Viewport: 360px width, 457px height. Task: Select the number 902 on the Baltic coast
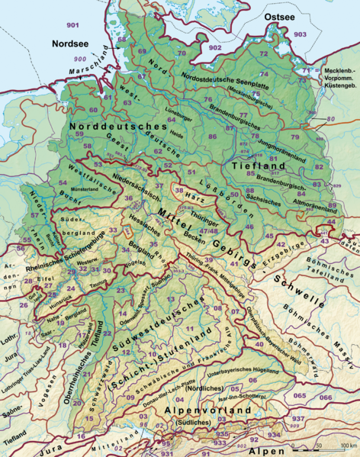(214, 48)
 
